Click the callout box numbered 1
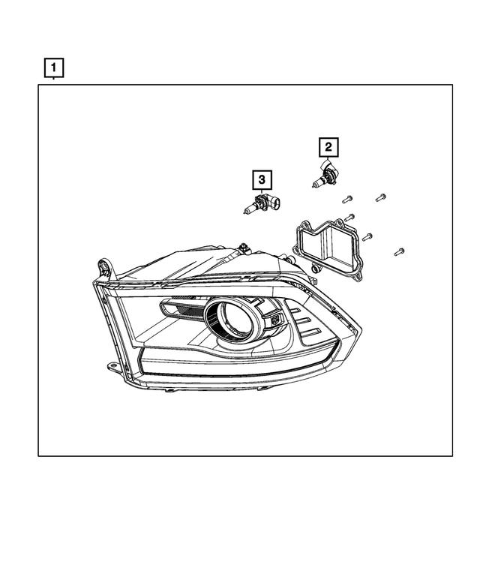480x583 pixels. pos(53,68)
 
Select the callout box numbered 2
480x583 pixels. pos(328,147)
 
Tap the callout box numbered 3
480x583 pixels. pos(261,179)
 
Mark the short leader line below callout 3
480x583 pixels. pos(261,192)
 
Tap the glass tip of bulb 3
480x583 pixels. pos(247,209)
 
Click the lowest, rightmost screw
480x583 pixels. pos(399,251)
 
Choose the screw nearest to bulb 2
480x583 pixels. pos(346,200)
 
